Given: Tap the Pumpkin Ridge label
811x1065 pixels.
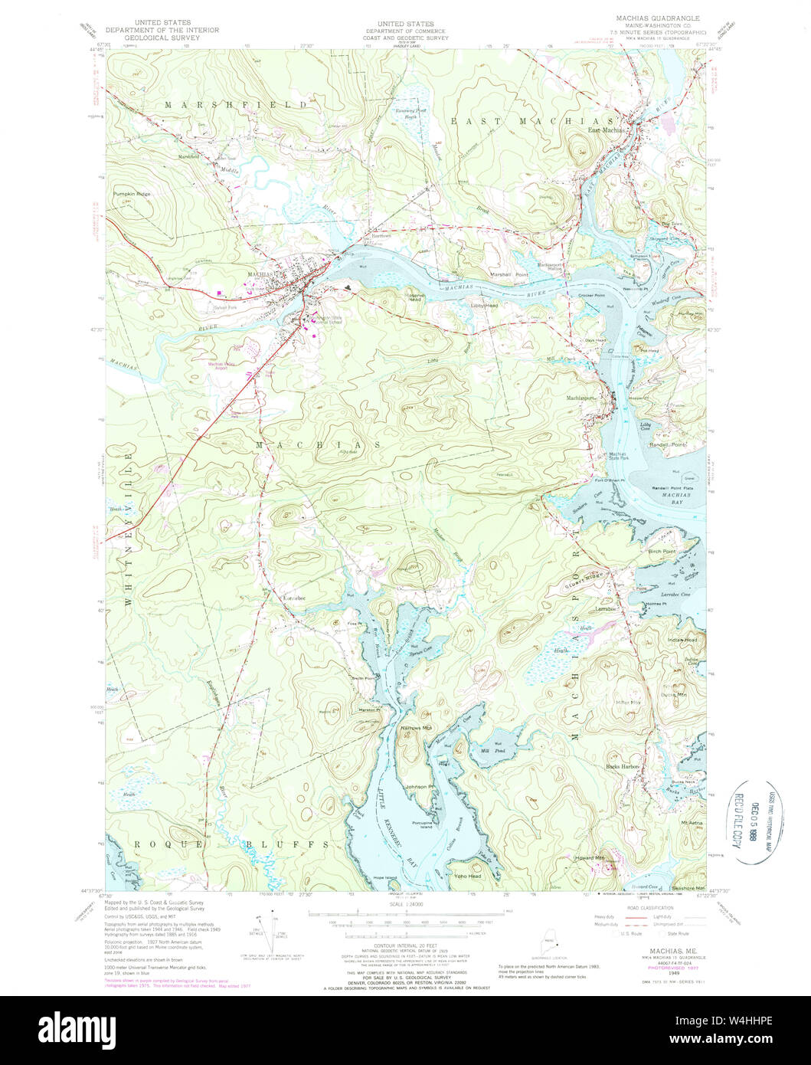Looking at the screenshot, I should click(132, 194).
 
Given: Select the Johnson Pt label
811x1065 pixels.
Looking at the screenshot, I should click(420, 786).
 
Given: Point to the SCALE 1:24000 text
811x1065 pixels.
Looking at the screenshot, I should click(405, 904).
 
